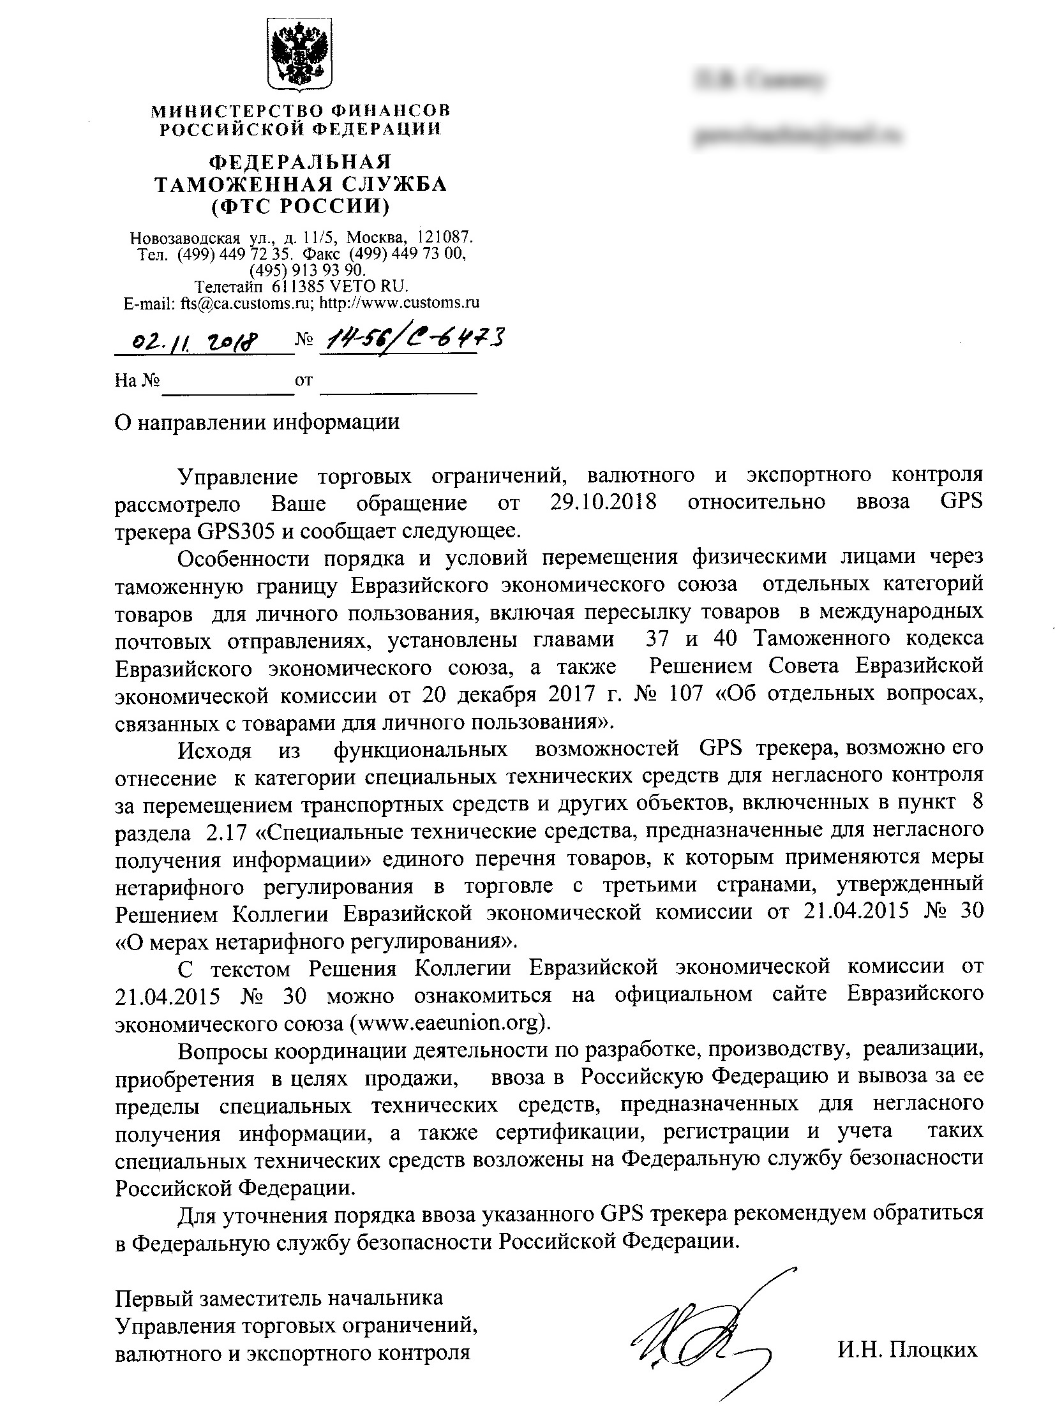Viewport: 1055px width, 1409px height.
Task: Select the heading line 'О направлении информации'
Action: tap(257, 422)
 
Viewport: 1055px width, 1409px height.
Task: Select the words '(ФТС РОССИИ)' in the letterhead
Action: tap(301, 206)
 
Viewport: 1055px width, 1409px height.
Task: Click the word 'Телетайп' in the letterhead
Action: tap(232, 286)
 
